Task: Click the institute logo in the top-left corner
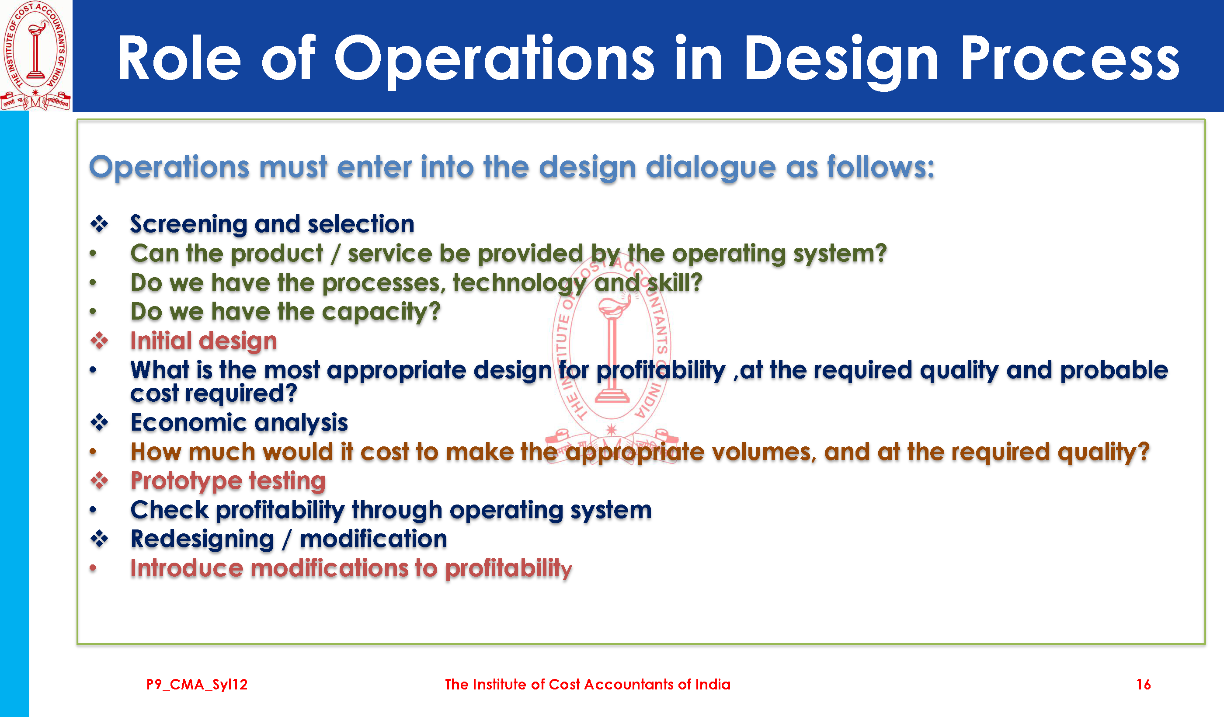[35, 56]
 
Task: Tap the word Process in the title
[1070, 58]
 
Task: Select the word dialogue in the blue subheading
[711, 168]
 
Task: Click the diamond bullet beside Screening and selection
[100, 224]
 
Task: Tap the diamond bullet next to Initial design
[100, 341]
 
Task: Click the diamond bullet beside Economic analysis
[100, 422]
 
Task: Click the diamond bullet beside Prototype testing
[100, 480]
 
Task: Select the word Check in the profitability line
[170, 510]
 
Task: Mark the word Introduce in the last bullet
[187, 568]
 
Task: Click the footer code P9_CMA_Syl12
[197, 685]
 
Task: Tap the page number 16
[1144, 685]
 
